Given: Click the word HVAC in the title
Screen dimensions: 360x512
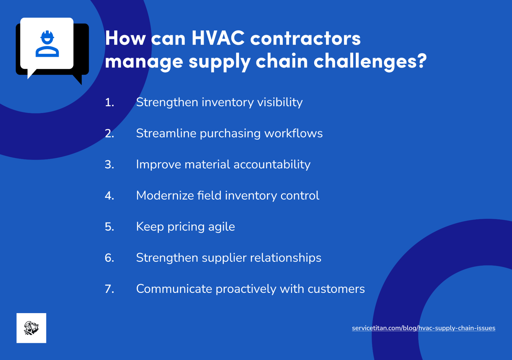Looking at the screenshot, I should click(x=218, y=38).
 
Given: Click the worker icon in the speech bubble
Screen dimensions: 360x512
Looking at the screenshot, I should click(x=47, y=44).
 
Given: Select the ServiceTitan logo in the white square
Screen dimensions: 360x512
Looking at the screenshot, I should click(x=31, y=328).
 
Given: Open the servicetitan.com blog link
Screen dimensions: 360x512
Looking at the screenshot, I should click(x=423, y=328).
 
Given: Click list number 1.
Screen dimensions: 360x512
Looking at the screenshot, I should click(x=109, y=102).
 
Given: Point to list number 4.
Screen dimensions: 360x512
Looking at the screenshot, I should click(x=109, y=196).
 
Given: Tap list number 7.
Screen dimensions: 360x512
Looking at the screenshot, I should click(x=109, y=289).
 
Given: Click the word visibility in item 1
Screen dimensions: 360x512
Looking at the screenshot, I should click(x=280, y=102).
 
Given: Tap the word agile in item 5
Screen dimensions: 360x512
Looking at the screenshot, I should click(x=222, y=227).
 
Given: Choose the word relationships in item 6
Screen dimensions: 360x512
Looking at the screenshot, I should click(x=286, y=258).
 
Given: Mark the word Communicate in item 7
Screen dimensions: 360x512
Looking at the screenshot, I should click(x=174, y=289).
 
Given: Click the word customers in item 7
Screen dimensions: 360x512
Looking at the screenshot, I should click(x=336, y=289).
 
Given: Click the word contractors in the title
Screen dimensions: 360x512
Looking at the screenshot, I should click(x=305, y=38).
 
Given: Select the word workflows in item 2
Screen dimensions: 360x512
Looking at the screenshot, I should click(x=294, y=133).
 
